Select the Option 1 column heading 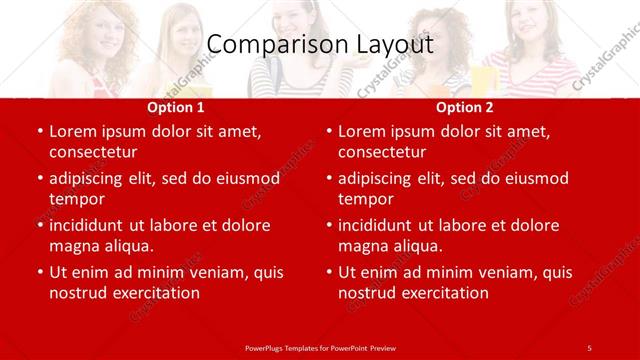click(x=176, y=107)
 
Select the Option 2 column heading click(x=465, y=107)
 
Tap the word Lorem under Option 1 click(x=72, y=131)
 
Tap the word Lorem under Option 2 click(x=361, y=131)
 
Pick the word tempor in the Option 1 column click(x=76, y=199)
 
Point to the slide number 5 click(x=589, y=347)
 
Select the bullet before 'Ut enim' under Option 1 click(x=38, y=272)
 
